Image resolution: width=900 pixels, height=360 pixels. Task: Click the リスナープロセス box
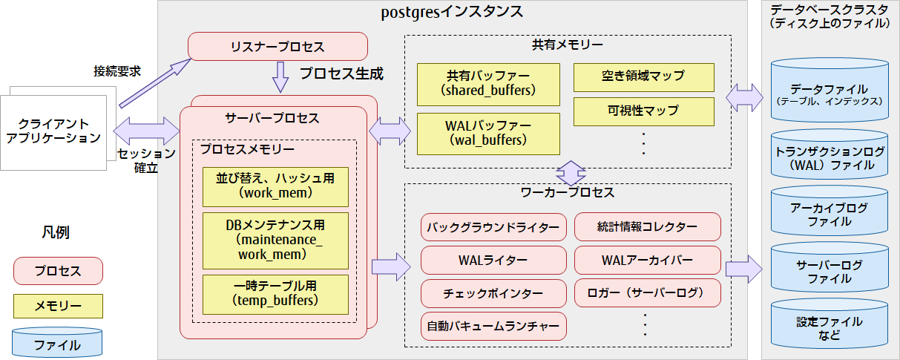point(278,47)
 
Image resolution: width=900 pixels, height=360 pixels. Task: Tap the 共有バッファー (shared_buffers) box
point(487,83)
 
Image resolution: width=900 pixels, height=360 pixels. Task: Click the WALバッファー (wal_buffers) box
point(487,131)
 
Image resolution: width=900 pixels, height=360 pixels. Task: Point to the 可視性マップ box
point(643,111)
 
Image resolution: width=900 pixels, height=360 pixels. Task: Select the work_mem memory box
point(275,186)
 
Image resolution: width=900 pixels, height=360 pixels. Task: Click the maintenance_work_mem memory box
point(275,240)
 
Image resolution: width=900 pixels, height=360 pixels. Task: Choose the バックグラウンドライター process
point(493,227)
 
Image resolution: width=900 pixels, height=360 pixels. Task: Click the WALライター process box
point(493,261)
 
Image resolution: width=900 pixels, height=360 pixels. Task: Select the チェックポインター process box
point(493,293)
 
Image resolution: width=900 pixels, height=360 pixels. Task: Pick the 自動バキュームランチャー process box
point(493,326)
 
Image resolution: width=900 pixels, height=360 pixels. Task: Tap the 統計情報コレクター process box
point(647,227)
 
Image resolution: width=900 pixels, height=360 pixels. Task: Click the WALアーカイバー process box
point(647,261)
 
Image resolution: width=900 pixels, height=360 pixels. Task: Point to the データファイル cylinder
point(830,93)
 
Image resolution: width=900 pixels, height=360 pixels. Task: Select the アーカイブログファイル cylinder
point(830,215)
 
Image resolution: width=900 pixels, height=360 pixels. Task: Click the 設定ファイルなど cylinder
point(830,327)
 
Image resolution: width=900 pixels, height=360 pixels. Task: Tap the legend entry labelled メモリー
point(58,306)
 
